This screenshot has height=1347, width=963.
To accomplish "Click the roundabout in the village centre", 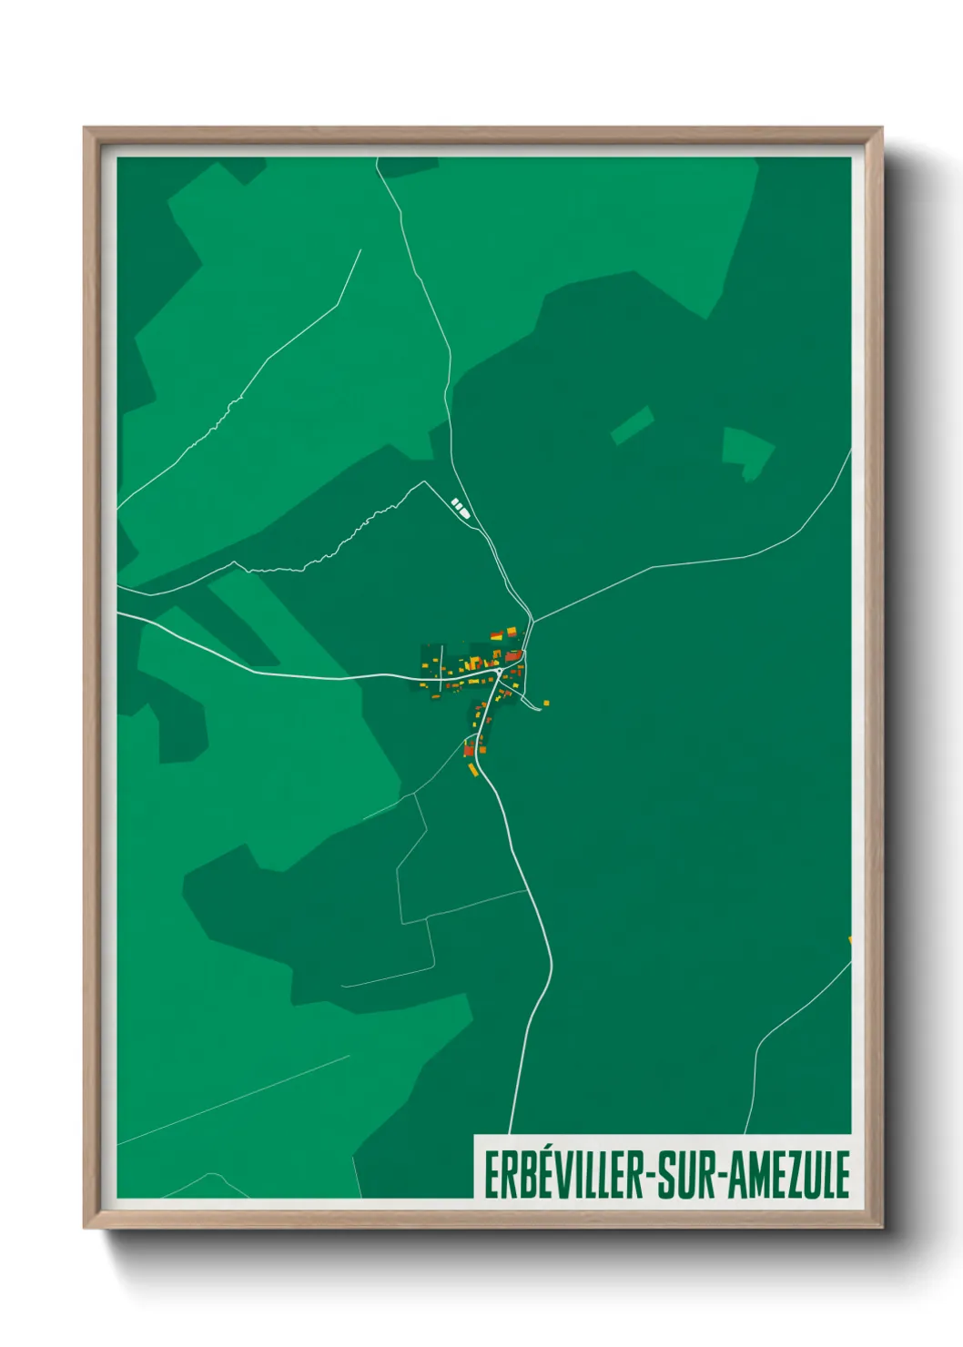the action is (500, 672).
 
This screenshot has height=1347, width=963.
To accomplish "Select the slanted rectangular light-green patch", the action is (632, 425).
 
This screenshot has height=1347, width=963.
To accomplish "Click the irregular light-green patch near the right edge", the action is (746, 451).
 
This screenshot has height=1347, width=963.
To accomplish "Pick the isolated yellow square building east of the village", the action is (546, 702).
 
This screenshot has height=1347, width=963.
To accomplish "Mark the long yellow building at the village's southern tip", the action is (472, 770).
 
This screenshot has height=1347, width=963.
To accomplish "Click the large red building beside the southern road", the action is (470, 750).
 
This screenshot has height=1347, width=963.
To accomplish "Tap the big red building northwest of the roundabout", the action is (513, 656).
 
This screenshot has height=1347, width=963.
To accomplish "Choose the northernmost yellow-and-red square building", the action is (512, 631).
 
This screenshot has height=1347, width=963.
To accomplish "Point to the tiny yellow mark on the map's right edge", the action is (849, 939).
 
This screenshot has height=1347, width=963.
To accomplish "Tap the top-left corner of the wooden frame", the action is (87, 130).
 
